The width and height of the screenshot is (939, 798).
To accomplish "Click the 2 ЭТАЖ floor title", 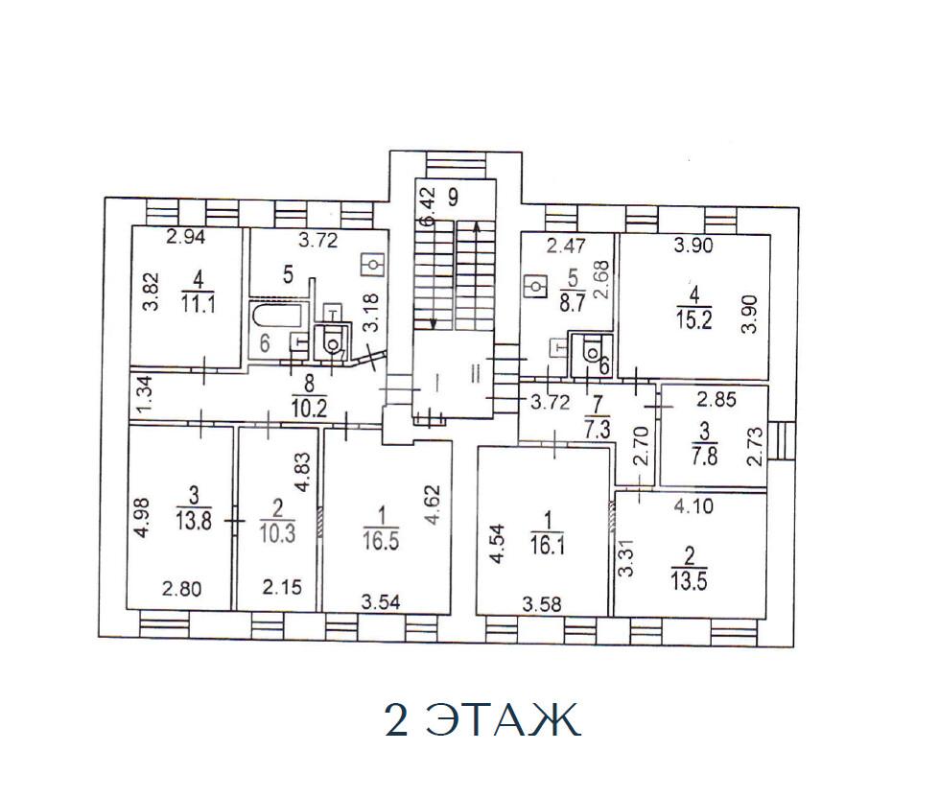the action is tap(482, 719).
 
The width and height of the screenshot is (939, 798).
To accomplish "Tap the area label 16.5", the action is tap(381, 541).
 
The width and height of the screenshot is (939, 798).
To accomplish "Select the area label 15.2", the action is tap(694, 320).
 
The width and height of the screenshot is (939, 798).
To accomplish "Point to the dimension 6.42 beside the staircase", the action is tap(427, 206).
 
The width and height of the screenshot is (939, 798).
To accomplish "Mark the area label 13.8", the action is tap(194, 521).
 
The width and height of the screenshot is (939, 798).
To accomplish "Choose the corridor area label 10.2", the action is tap(309, 408).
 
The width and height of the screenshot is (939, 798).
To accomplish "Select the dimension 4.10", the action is tap(693, 506).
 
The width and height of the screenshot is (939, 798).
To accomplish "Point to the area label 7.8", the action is tap(705, 458).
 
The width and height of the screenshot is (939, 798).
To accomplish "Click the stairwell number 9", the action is tap(453, 197).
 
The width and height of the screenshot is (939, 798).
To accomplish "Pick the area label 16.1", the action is tap(547, 546).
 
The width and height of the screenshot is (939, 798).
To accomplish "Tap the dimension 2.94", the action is tap(186, 237).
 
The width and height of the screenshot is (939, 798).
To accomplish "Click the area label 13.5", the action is tap(689, 581).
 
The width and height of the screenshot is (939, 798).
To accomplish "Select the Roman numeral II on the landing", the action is tap(476, 374).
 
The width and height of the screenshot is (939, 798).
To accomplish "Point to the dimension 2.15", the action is tap(282, 587).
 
